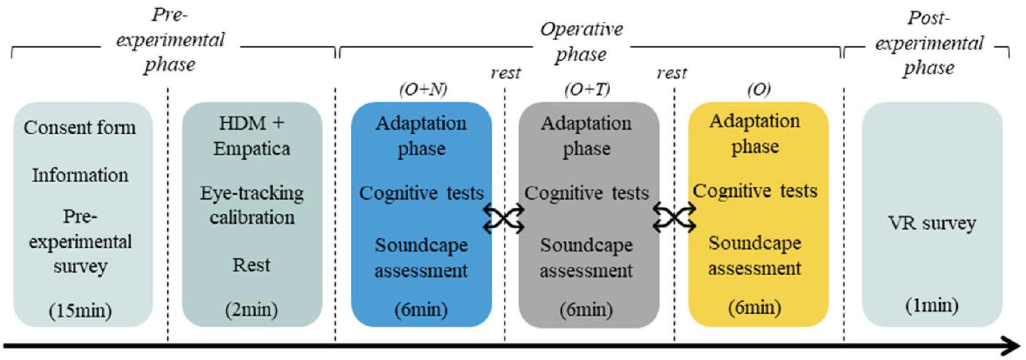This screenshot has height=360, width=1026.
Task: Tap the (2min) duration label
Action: (252, 310)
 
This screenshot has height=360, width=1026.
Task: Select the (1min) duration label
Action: (932, 307)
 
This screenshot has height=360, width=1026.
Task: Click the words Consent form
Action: (80, 127)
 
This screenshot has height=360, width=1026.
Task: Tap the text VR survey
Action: (932, 223)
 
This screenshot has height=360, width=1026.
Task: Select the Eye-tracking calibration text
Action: (252, 206)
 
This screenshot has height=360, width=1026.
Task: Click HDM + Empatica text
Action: (252, 137)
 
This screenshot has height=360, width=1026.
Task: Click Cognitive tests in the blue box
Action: (421, 193)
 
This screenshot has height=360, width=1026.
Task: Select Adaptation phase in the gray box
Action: (587, 136)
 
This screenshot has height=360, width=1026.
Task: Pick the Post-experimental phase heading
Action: (935, 43)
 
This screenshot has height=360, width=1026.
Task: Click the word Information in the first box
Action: (80, 176)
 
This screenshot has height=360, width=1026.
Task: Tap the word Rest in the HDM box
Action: (252, 265)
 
